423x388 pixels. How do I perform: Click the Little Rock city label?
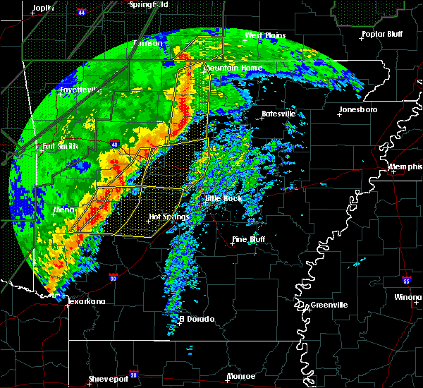click(223, 198)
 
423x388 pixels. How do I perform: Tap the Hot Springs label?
click(168, 217)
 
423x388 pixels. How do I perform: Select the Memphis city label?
click(406, 166)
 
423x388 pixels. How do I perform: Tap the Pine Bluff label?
click(251, 240)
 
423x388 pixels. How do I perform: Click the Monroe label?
click(241, 376)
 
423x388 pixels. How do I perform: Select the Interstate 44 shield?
click(82, 13)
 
